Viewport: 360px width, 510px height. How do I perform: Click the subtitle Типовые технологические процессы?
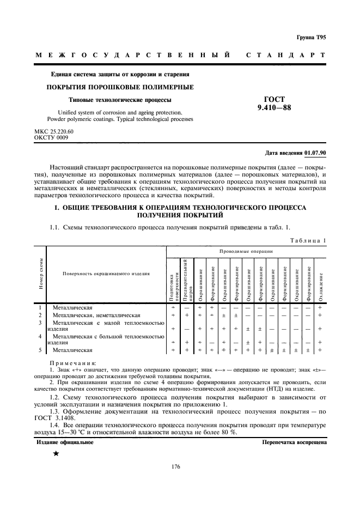120,100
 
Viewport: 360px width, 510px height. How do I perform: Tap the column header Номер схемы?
41,275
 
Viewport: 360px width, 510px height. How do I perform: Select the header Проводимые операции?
246,251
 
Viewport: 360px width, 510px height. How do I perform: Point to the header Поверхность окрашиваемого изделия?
106,274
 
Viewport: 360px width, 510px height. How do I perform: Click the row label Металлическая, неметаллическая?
97,315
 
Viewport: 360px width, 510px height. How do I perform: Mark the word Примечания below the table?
74,362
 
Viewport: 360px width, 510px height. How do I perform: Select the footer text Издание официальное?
65,442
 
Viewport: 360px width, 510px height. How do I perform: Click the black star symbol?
56,454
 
